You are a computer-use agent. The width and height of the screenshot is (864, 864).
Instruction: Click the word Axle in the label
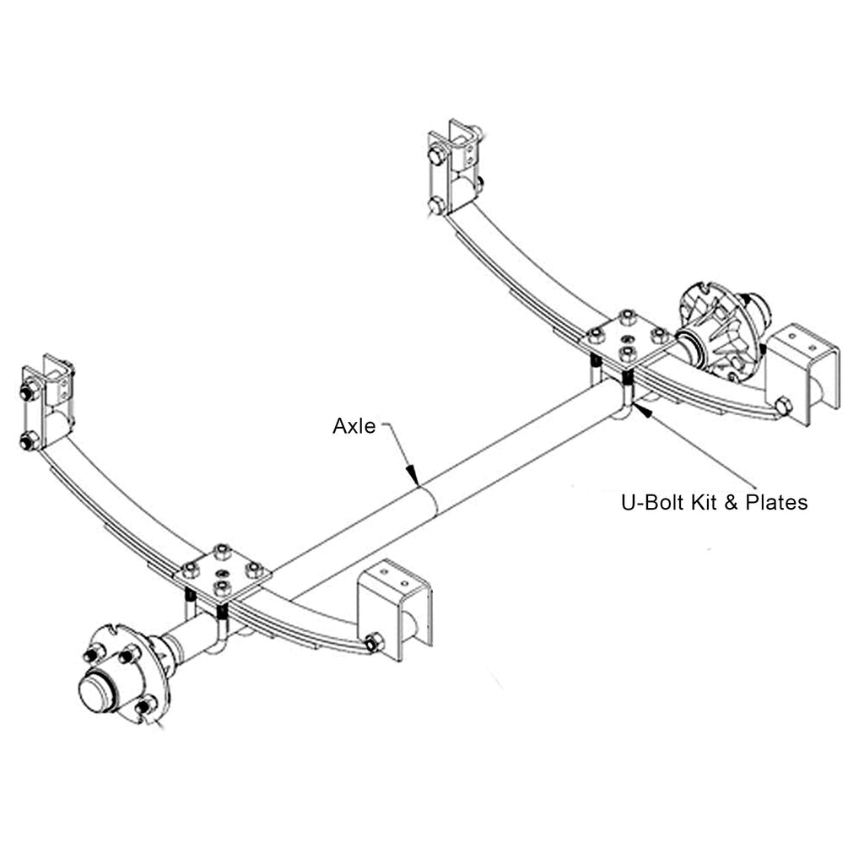(354, 426)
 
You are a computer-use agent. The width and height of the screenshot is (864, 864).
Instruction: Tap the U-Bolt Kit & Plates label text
(714, 503)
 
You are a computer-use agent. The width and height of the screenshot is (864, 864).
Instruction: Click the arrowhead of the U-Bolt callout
(637, 408)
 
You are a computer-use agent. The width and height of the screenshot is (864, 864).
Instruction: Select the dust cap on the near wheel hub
(96, 690)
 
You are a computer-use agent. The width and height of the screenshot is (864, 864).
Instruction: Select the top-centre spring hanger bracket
(455, 166)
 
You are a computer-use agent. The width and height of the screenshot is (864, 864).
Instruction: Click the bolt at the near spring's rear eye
(374, 644)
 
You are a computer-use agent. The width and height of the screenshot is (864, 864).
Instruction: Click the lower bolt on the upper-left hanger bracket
(29, 440)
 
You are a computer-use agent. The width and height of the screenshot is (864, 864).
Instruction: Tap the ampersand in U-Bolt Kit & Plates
(731, 503)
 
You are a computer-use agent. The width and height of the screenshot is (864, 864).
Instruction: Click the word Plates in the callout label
(775, 503)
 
